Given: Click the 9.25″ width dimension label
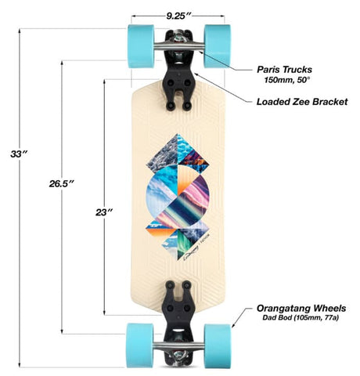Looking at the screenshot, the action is pyautogui.click(x=179, y=16).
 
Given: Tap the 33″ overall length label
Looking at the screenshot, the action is pyautogui.click(x=19, y=154).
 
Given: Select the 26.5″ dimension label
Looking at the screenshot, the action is pyautogui.click(x=62, y=183).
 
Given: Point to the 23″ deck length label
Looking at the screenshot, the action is pyautogui.click(x=104, y=212).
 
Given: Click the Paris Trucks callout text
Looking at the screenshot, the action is pyautogui.click(x=284, y=70).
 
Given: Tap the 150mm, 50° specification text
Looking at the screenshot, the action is pyautogui.click(x=287, y=80).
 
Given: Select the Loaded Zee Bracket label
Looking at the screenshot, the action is pyautogui.click(x=302, y=102).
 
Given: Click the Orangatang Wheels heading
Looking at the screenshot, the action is pyautogui.click(x=301, y=309).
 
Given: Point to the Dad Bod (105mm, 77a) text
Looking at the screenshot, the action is pyautogui.click(x=301, y=318).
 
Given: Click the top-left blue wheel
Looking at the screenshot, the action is pyautogui.click(x=141, y=46).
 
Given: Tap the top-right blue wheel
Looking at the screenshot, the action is pyautogui.click(x=218, y=46).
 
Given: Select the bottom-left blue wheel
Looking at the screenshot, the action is pyautogui.click(x=140, y=345).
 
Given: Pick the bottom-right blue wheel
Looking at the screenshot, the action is pyautogui.click(x=218, y=345).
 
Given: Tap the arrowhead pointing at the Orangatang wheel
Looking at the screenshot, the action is pyautogui.click(x=233, y=325).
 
